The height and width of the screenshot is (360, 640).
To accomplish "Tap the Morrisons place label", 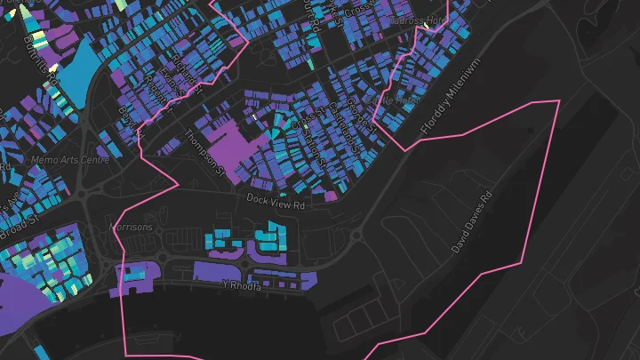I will [x=131, y=228].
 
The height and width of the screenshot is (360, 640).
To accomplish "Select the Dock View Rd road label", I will [x=276, y=202].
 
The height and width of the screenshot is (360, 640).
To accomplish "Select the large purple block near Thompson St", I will [x=236, y=147].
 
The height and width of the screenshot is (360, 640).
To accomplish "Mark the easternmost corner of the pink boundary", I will [x=559, y=101].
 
